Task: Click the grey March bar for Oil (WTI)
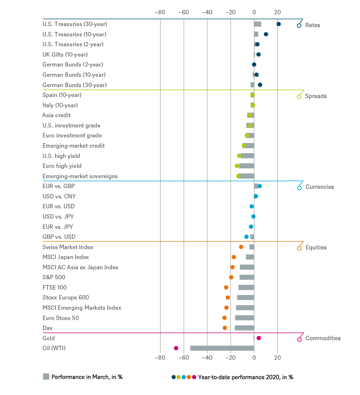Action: (222, 348)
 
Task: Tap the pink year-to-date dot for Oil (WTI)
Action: (176, 348)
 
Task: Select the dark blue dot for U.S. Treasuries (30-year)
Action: (278, 24)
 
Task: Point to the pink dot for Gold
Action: (259, 338)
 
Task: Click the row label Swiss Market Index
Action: (68, 247)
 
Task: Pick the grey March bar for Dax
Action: (244, 328)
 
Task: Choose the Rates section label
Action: (313, 25)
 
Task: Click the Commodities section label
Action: (323, 338)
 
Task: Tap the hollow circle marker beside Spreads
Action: (299, 97)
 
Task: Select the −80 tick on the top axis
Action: (160, 12)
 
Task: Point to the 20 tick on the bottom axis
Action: (278, 358)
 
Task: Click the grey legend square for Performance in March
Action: (46, 377)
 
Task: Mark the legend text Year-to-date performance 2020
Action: (245, 377)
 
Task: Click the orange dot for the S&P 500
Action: (231, 277)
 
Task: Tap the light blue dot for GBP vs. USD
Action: (246, 237)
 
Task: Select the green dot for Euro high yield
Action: (237, 166)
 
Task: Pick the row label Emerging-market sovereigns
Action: (80, 176)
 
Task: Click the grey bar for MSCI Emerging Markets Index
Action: (245, 308)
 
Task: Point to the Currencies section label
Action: (320, 187)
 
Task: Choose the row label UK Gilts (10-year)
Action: (65, 54)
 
